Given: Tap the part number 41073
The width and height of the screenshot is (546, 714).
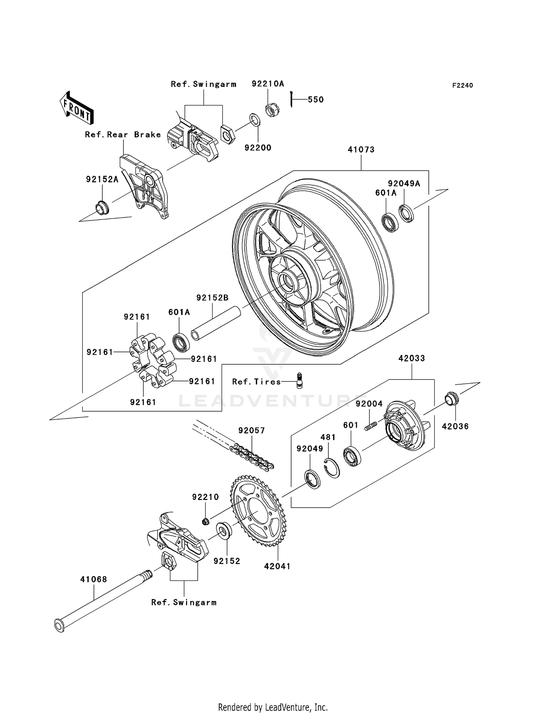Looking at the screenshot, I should click(361, 150).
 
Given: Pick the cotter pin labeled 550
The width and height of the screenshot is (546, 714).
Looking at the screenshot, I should click(292, 99).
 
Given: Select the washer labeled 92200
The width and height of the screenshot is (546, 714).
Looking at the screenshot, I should click(255, 120).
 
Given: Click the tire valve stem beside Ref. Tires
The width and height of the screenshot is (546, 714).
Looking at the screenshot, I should click(300, 381).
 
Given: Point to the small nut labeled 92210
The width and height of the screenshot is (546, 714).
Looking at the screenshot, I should click(205, 522).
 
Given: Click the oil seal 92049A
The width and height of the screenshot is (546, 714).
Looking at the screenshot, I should click(406, 213).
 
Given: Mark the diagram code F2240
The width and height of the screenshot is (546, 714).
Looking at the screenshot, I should click(462, 86).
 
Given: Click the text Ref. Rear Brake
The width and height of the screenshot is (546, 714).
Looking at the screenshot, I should click(123, 135).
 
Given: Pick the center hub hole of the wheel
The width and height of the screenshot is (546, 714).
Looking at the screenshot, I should click(286, 281).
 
